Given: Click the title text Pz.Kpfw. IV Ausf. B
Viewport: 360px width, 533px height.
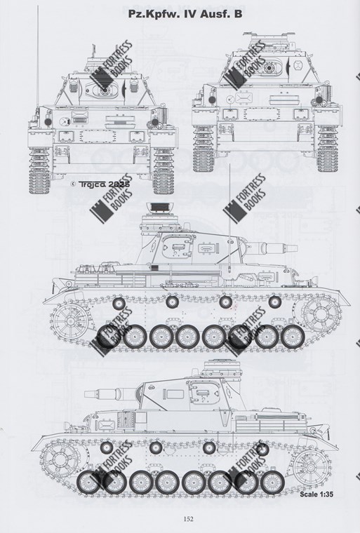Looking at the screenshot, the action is point(185,14).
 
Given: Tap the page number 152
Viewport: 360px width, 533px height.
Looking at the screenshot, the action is point(188,518).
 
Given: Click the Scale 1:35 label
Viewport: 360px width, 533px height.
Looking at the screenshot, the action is point(316,494).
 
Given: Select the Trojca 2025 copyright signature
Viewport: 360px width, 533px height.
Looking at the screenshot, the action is point(100,184).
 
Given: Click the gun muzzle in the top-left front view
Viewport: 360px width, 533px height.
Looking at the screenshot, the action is point(105,90).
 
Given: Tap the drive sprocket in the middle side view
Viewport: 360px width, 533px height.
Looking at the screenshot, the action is point(320,313).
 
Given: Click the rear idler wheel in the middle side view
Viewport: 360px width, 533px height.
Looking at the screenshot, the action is point(69,321).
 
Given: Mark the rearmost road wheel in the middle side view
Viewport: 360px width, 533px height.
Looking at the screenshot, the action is point(109,336).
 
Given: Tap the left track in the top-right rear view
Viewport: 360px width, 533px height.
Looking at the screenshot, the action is point(203,148).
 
